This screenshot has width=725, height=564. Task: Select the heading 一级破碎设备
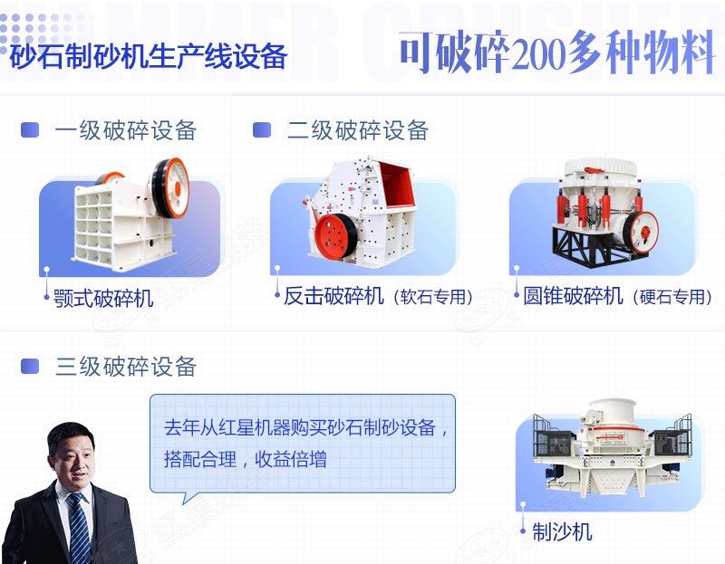coord(126,130)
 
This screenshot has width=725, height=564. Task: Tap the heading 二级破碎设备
coord(358,130)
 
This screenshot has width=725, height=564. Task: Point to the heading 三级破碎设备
coord(126,367)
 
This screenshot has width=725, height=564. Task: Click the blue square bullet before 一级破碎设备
coord(31,130)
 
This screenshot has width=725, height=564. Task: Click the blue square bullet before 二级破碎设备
coord(262,130)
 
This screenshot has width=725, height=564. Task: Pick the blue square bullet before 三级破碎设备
coord(31,367)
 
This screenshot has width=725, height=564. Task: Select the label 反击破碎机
coord(333,296)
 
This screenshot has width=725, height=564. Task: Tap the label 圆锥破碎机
coord(573,296)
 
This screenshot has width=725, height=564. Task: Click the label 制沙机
coord(562,532)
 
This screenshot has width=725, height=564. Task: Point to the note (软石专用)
coord(433,297)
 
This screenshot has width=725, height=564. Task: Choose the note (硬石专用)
coord(673,297)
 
